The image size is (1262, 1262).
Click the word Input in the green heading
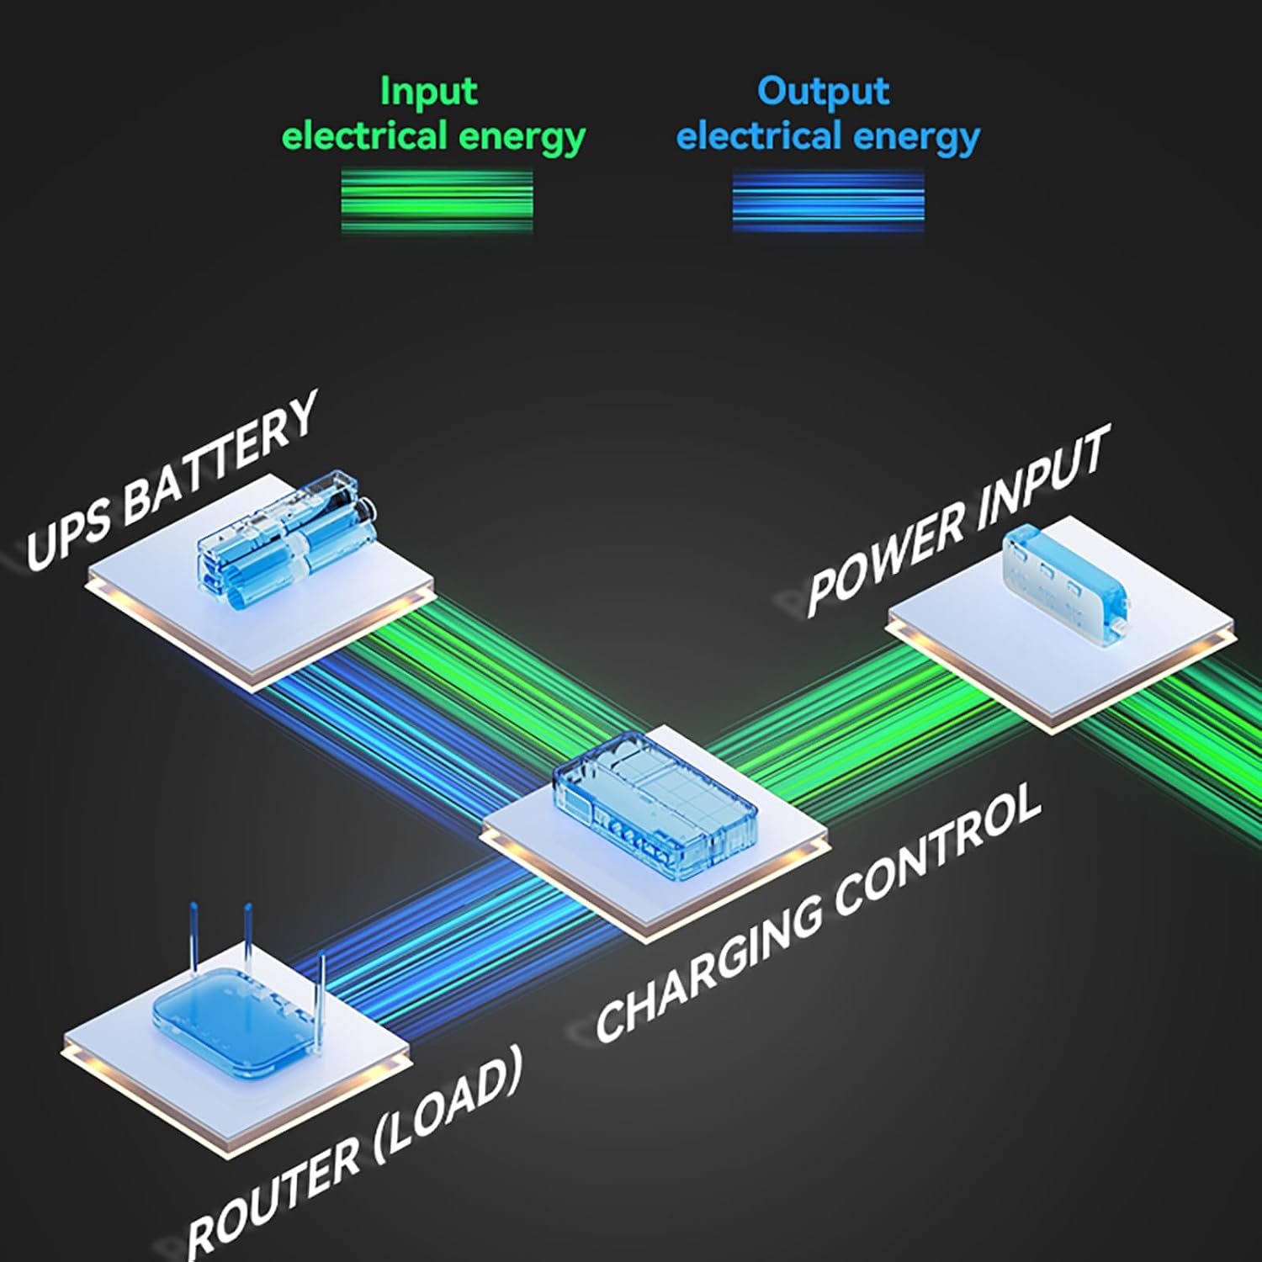429,92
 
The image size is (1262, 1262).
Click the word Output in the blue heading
823,92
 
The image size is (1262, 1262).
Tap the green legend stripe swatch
437,201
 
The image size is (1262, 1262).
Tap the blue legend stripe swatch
829,201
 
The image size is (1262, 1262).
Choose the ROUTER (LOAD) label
353,1153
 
